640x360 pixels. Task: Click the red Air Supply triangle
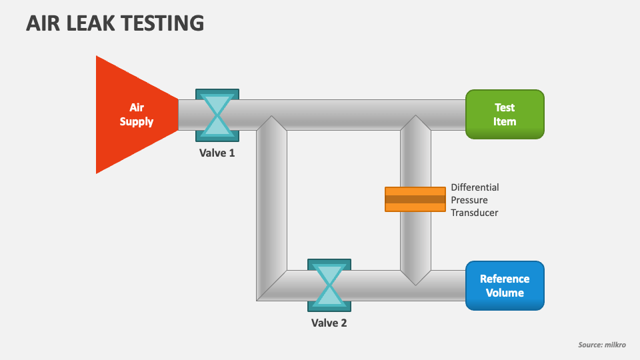(130, 115)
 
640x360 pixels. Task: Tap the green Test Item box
(505, 114)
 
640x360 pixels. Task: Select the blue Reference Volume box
(505, 285)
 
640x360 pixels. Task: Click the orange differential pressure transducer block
(415, 199)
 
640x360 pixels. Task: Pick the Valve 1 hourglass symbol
(217, 115)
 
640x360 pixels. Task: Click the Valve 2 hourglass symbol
(329, 285)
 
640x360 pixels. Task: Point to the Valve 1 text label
(217, 153)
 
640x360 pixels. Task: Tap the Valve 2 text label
(329, 323)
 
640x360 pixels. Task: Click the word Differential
(475, 187)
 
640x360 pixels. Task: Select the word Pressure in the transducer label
(469, 200)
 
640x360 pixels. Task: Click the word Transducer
(475, 213)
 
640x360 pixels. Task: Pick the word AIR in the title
(41, 23)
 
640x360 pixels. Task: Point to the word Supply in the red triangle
(137, 122)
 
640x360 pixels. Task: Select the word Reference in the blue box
(505, 279)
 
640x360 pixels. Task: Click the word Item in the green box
(505, 121)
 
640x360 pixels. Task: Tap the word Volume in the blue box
(505, 293)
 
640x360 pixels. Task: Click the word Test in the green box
(505, 107)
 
